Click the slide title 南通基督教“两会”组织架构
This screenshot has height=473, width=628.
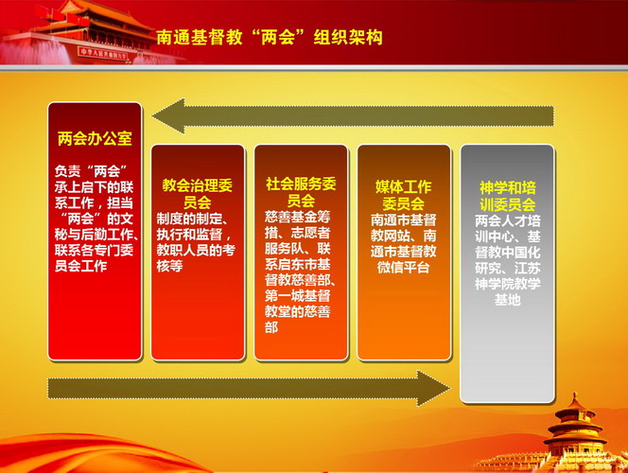270,37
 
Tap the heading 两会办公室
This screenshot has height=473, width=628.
95,138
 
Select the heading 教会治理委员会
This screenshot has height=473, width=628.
197,194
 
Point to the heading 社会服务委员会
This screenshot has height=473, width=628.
301,192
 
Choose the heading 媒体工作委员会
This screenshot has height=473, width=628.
403,196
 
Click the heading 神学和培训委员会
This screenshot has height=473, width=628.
508,196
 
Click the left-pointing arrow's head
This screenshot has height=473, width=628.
168,116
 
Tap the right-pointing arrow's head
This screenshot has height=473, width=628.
433,388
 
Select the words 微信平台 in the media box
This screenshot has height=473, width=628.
403,267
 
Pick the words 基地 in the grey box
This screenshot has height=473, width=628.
508,300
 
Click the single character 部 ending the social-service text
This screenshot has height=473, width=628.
271,327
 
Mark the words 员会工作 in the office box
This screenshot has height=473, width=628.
81,266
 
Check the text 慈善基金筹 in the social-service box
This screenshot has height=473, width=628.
298,217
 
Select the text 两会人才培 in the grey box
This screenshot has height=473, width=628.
508,220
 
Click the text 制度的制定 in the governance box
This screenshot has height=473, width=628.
189,219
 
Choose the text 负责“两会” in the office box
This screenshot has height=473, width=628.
91,171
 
